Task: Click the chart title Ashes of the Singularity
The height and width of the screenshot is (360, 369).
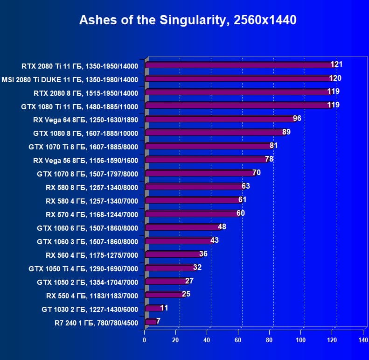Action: point(188,20)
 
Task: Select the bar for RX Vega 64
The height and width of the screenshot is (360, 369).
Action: point(219,119)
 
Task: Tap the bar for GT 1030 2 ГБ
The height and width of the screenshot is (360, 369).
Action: point(153,308)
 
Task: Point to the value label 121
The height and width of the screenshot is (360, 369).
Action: point(337,64)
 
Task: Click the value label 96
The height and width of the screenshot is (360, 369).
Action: point(297,118)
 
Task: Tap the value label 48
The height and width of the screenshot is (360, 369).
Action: point(222,226)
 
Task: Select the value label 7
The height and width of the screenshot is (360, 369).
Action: point(159,321)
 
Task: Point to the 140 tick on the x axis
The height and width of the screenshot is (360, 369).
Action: point(363,339)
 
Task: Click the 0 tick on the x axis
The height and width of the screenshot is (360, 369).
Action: point(145,339)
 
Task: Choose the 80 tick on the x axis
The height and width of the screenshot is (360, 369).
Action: point(269,339)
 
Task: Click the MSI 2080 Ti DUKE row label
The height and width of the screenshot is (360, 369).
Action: point(70,79)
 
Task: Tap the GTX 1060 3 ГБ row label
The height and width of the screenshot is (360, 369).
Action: point(87,241)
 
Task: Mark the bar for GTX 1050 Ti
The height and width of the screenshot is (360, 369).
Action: point(170,268)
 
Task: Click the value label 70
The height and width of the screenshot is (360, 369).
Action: point(256,172)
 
